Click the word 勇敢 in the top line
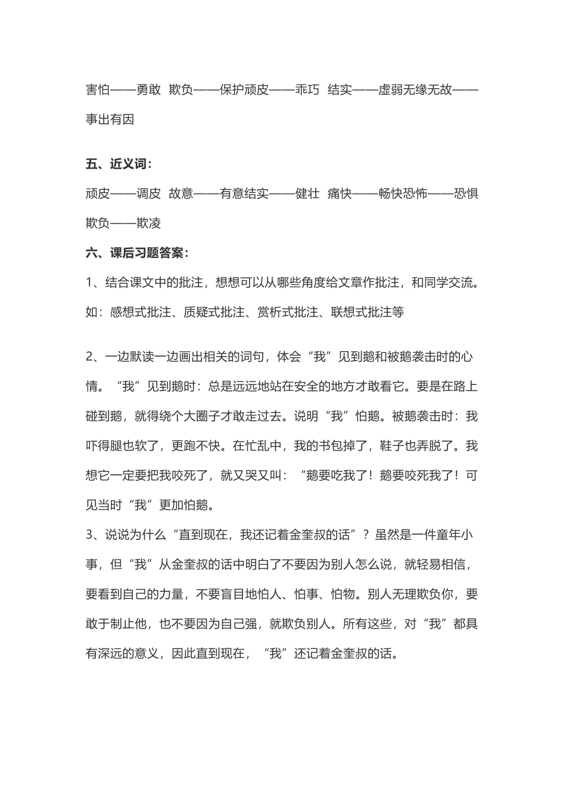148,90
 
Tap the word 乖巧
307,90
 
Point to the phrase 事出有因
110,119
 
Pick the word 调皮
148,194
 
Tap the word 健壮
307,194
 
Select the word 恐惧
466,194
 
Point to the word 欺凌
148,223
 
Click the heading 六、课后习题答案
136,253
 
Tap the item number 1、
95,282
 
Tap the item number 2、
95,357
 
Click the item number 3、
95,535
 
